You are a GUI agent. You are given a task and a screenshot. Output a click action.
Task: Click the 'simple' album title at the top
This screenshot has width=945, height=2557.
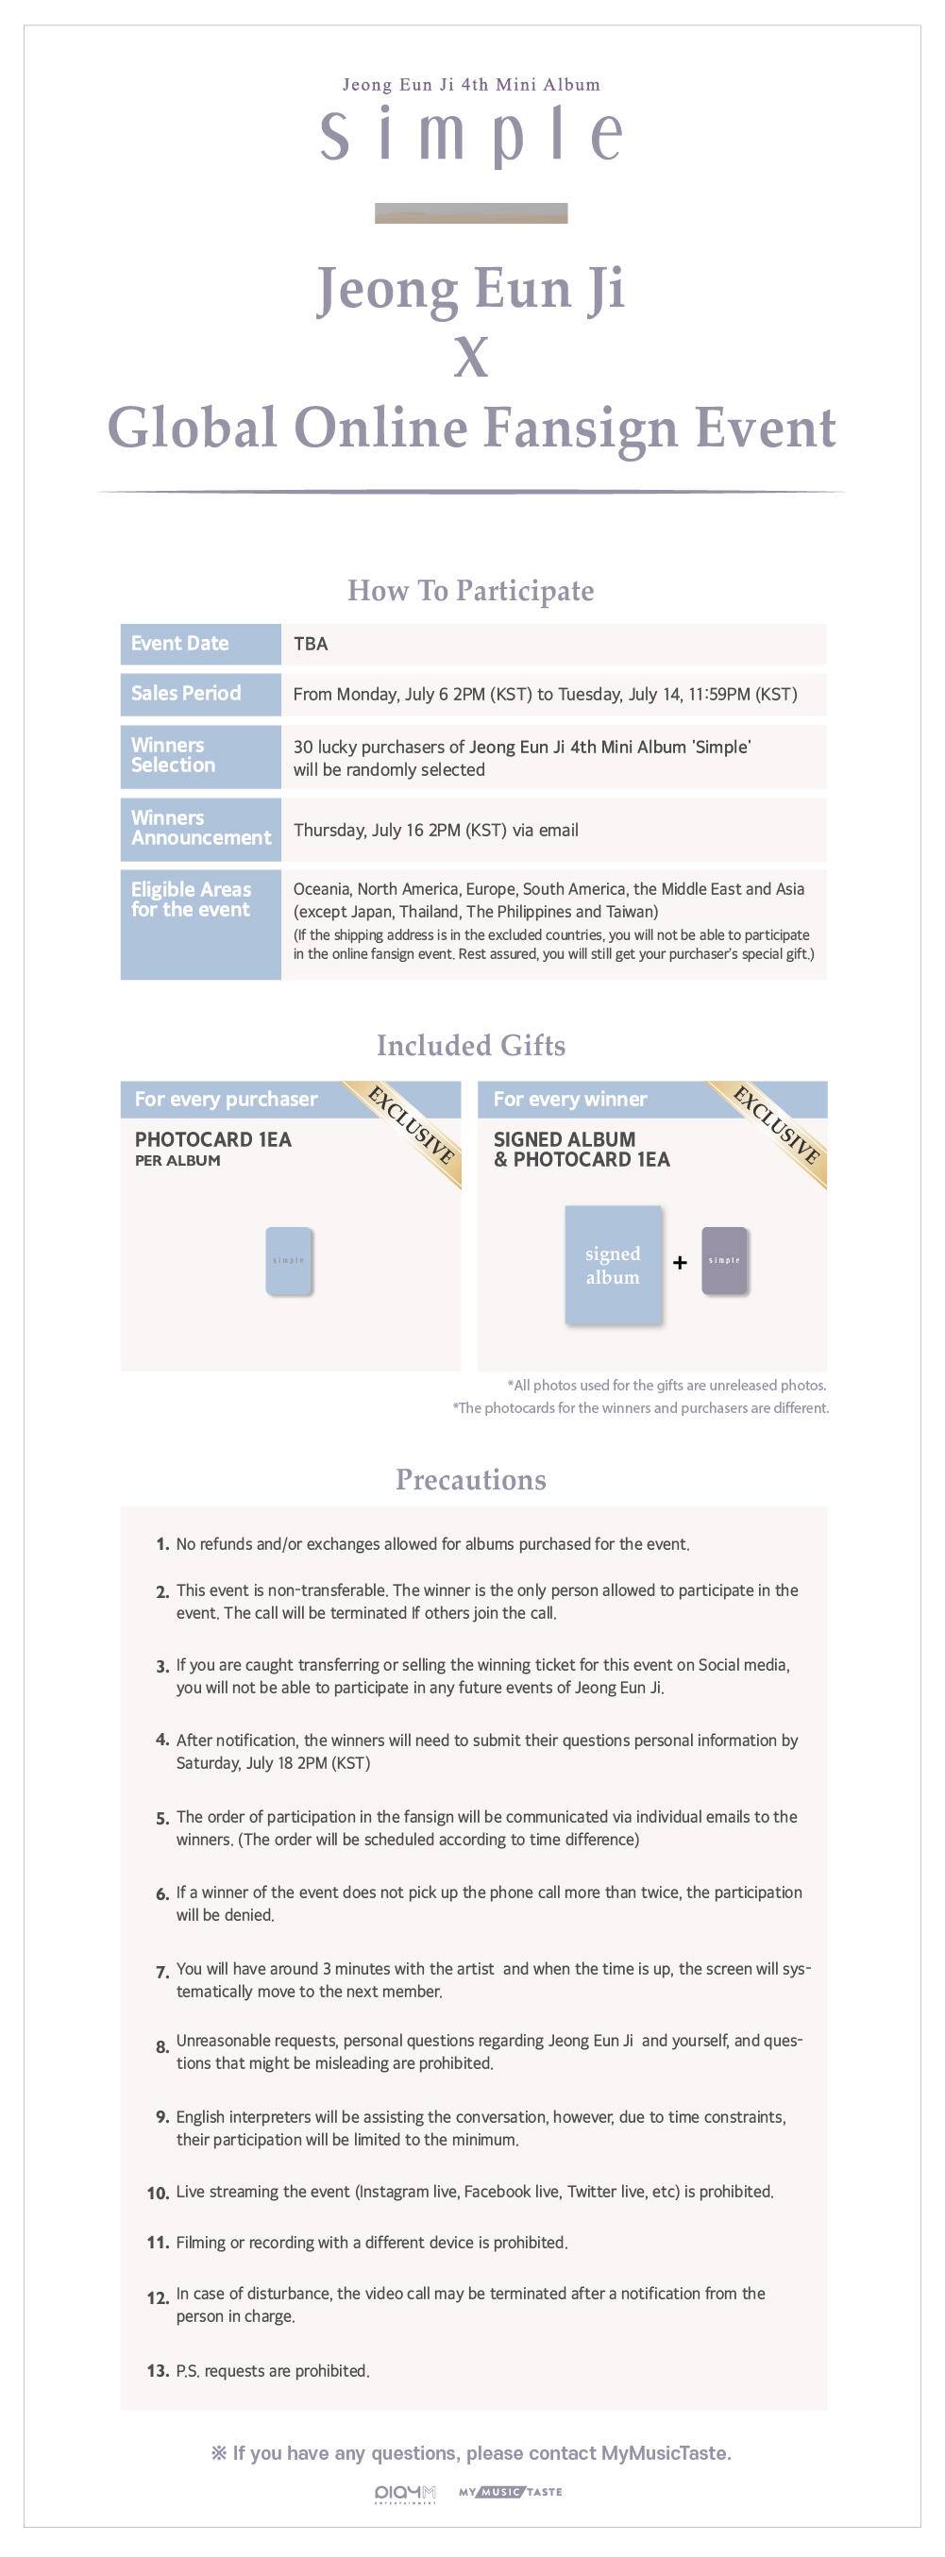pos(471,135)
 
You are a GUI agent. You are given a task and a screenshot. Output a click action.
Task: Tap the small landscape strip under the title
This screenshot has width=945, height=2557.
pos(470,213)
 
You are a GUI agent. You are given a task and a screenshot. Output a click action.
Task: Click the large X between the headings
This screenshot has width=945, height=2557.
pos(471,358)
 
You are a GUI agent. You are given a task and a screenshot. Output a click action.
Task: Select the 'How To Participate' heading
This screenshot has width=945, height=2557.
pos(470,591)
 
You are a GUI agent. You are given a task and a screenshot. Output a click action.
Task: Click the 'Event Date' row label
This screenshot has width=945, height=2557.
pos(180,643)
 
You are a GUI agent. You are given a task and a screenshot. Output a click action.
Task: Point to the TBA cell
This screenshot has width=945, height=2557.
pos(311,643)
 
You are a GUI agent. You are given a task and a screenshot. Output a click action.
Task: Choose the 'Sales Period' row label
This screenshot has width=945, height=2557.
pos(187,693)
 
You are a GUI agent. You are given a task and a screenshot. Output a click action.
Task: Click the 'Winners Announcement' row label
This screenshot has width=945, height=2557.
pos(200,828)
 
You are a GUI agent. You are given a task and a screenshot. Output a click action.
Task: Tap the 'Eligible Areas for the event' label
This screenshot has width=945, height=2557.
pos(192,900)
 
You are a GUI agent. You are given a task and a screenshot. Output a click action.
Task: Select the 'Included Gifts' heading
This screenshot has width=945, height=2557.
pos(470,1045)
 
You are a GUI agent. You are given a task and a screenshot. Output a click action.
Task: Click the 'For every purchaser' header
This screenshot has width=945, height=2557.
pos(227,1099)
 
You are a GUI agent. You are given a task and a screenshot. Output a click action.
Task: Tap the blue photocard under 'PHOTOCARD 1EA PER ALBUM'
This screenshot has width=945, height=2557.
pos(289,1261)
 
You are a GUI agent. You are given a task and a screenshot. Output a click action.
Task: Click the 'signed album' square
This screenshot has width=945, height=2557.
pos(613,1265)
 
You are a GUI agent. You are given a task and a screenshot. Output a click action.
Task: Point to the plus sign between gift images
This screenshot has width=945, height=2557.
pos(680,1263)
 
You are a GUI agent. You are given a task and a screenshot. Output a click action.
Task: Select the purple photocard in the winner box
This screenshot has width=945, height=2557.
pos(725,1261)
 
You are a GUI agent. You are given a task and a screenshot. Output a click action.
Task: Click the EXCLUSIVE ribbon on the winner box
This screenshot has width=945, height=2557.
pos(778,1126)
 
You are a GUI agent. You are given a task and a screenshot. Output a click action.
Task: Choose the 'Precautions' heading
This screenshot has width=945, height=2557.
pos(470,1480)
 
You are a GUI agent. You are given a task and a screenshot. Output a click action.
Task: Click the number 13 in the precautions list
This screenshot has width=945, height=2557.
pos(157,2371)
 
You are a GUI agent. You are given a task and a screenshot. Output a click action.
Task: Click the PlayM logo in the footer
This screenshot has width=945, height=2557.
pos(405,2494)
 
